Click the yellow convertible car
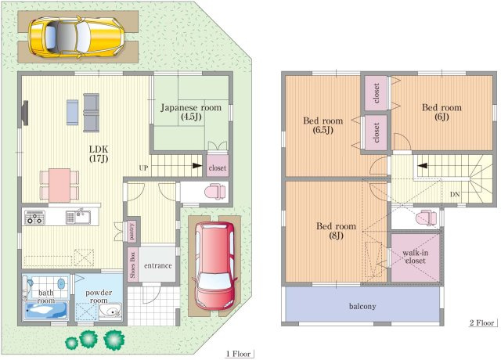77,36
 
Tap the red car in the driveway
214,266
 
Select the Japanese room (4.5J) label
191,112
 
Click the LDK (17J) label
99,153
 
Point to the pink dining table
59,185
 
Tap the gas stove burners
34,218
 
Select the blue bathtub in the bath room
47,310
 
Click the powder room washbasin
110,311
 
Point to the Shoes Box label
132,265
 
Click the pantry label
132,231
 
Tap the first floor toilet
215,192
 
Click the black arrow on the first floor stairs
197,166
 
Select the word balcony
362,306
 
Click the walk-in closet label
416,257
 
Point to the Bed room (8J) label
336,231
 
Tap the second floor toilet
427,218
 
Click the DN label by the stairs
455,194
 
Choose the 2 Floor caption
482,322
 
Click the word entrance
158,265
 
